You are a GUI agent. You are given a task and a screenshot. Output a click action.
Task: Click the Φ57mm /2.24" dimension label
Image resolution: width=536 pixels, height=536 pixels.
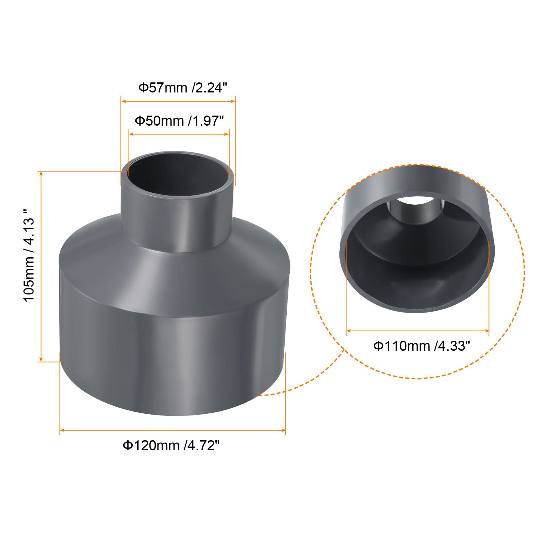(183, 88)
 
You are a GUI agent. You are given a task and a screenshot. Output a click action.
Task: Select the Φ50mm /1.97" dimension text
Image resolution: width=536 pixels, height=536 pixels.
(179, 121)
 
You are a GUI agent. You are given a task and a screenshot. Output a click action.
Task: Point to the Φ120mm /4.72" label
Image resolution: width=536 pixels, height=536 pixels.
(171, 446)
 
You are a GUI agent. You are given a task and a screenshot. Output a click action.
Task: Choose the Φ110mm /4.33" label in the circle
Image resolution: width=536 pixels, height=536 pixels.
(421, 346)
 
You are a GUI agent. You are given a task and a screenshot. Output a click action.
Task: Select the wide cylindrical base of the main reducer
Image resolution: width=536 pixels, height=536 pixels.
(173, 348)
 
